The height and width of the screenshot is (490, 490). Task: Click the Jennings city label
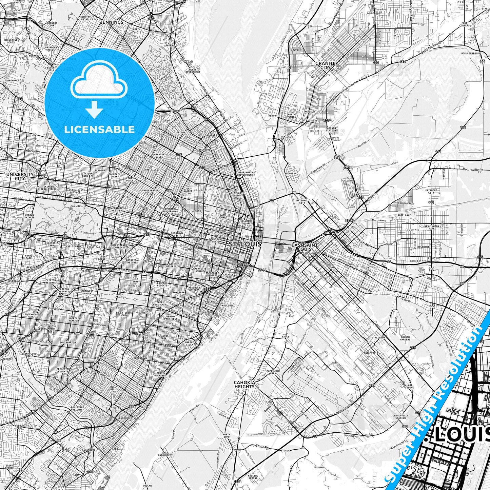(112, 22)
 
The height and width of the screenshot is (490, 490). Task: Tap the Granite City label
(325, 65)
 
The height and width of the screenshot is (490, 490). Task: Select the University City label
(20, 176)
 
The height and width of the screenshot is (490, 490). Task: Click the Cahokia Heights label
(244, 384)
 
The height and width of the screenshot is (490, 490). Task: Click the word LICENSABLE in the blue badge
(99, 129)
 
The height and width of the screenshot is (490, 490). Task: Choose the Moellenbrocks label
(471, 54)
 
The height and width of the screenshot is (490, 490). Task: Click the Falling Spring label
(253, 477)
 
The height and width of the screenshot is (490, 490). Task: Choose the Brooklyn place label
(291, 173)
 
